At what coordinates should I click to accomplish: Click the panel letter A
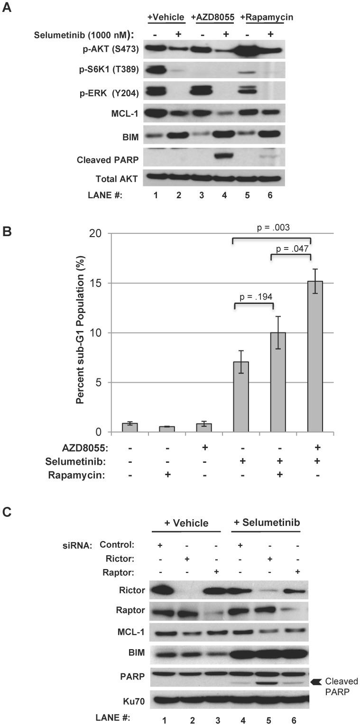pyautogui.click(x=7, y=8)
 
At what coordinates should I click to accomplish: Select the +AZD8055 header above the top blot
pyautogui.click(x=212, y=17)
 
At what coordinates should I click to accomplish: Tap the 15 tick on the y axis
pyautogui.click(x=99, y=283)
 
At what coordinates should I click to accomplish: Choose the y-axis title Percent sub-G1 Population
pyautogui.click(x=80, y=332)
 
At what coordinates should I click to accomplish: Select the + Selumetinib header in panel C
pyautogui.click(x=267, y=523)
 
